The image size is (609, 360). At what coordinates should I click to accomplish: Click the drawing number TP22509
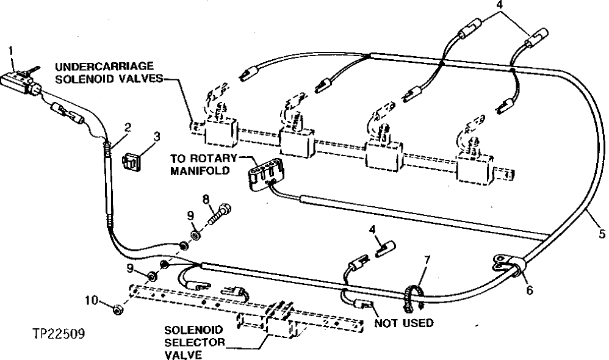[59, 334]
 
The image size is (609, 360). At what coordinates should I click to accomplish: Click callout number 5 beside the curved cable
[601, 232]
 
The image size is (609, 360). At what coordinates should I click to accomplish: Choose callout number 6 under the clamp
[529, 290]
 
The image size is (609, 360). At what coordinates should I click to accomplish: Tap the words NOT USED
[404, 323]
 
